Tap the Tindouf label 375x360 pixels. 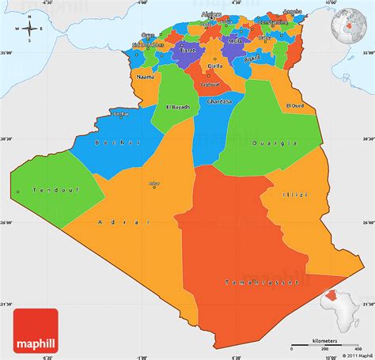click(38, 190)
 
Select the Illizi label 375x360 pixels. click(294, 194)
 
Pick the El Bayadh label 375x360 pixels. click(179, 107)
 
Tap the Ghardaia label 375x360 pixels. click(219, 101)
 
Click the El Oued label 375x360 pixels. click(295, 105)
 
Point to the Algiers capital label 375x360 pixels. click(211, 14)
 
